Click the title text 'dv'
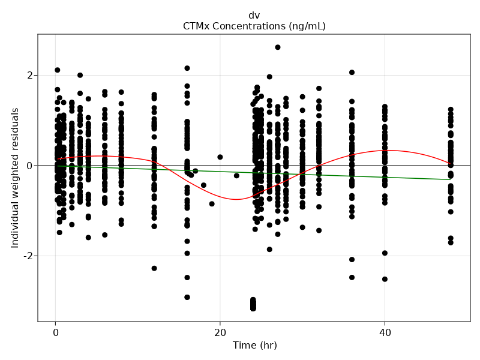point(254,16)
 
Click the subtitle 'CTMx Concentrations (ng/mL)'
point(254,26)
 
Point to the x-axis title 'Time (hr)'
point(254,346)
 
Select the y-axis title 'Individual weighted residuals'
point(15,178)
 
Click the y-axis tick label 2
point(29,76)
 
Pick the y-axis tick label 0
point(29,166)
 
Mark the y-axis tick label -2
point(27,256)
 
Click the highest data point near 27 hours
point(278,47)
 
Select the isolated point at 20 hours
point(220,157)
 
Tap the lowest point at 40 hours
point(385,279)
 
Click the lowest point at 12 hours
point(154,268)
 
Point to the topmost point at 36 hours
point(352,73)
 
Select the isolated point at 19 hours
point(212,204)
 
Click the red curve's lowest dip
point(236,199)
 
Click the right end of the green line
point(451,179)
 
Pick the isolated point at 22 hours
point(236,176)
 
